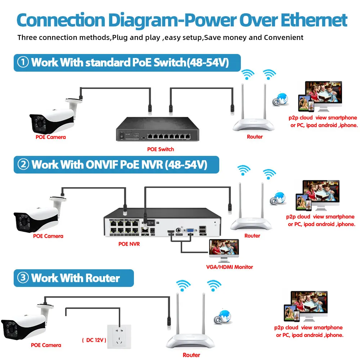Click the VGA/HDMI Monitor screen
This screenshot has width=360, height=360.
(x=224, y=251)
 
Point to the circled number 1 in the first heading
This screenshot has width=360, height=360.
(x=23, y=62)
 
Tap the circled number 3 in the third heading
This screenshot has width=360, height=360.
(x=23, y=278)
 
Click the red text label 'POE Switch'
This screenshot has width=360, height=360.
(x=161, y=149)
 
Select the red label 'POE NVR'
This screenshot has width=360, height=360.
(x=129, y=244)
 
